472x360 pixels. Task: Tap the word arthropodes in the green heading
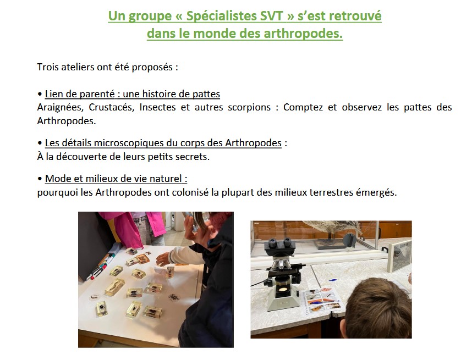click(x=304, y=34)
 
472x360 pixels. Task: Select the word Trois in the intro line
click(x=48, y=67)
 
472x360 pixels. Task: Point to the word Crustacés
click(x=111, y=107)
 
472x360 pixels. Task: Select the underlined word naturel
click(x=167, y=179)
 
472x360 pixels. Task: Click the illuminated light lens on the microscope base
click(x=283, y=290)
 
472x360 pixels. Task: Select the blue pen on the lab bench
click(x=332, y=280)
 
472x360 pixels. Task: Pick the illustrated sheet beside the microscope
click(x=321, y=301)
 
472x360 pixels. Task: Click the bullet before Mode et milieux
click(x=40, y=179)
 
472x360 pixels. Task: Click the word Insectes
click(x=157, y=107)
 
